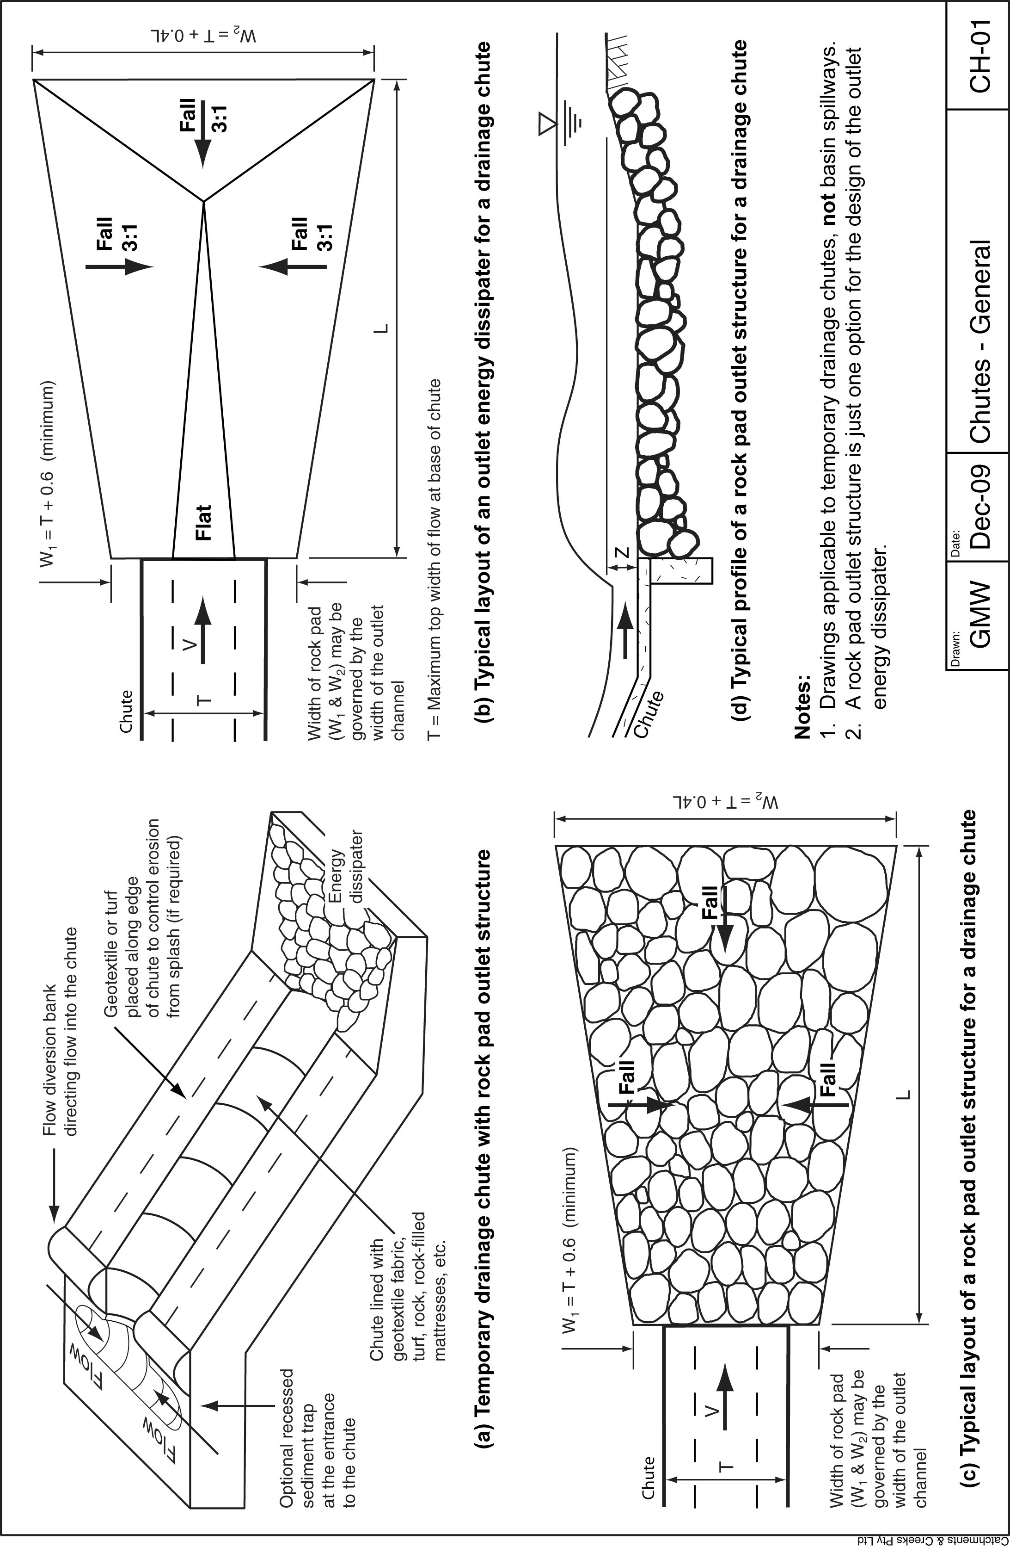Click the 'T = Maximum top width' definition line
(x=435, y=559)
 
